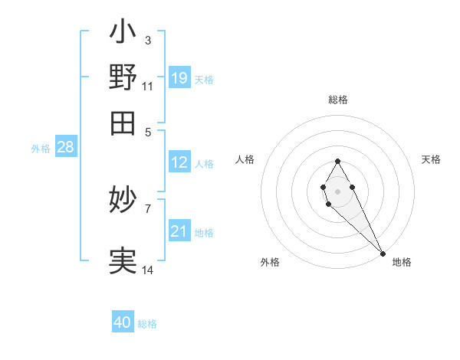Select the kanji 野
pyautogui.click(x=123, y=77)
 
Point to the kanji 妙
pyautogui.click(x=123, y=201)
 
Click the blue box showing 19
pyautogui.click(x=179, y=77)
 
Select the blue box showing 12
pyautogui.click(x=179, y=162)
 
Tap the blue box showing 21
pyautogui.click(x=179, y=231)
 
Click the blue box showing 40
pyautogui.click(x=123, y=322)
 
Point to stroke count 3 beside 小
pyautogui.click(x=147, y=41)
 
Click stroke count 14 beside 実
pyautogui.click(x=148, y=270)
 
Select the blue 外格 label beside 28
pyautogui.click(x=41, y=149)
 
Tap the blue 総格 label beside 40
pyautogui.click(x=147, y=324)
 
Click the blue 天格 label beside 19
pyautogui.click(x=204, y=79)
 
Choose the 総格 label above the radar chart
pyautogui.click(x=338, y=100)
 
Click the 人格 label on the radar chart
pyautogui.click(x=245, y=159)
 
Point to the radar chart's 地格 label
pyautogui.click(x=402, y=262)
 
